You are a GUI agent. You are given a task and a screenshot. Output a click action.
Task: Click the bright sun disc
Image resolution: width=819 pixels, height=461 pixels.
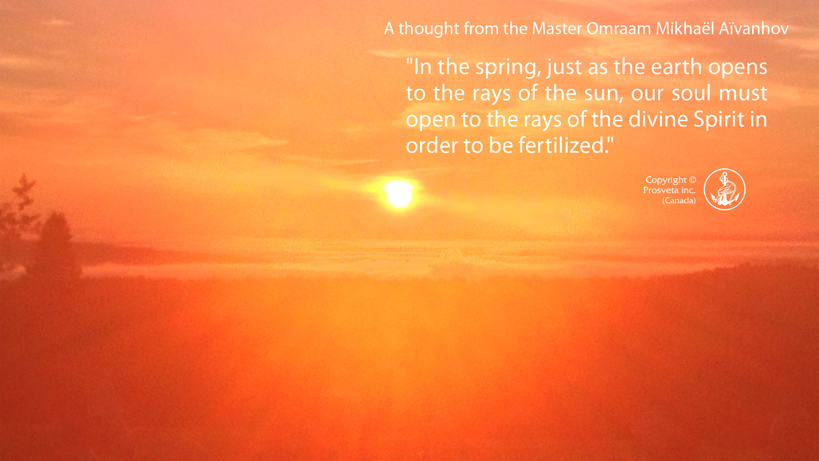coord(399,194)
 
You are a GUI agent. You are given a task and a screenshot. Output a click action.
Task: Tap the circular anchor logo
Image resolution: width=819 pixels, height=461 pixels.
coord(725,190)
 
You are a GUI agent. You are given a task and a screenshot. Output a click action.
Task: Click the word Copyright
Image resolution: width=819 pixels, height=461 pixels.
coord(666,180)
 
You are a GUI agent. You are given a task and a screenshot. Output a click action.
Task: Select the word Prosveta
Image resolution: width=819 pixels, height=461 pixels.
coord(661,190)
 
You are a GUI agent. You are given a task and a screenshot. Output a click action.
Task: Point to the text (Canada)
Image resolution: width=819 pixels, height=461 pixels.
coord(679,201)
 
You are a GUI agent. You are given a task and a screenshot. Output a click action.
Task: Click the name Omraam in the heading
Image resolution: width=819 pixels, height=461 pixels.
coord(619,28)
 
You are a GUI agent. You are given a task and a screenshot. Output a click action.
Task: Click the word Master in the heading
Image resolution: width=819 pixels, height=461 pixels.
coord(557,28)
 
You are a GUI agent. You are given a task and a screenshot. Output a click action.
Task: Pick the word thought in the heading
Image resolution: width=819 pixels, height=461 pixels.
coord(429,29)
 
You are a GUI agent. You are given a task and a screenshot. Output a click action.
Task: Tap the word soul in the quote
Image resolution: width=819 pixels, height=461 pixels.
coord(691,93)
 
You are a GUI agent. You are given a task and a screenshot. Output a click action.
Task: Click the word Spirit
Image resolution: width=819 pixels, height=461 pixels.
coord(719,120)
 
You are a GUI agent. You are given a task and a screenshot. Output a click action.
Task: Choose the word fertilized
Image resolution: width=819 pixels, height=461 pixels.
coord(564,145)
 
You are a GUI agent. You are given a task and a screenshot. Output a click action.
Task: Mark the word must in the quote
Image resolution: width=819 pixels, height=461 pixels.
coord(743,93)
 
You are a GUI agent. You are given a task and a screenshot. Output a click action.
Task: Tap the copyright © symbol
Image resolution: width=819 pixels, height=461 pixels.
coord(692,180)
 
